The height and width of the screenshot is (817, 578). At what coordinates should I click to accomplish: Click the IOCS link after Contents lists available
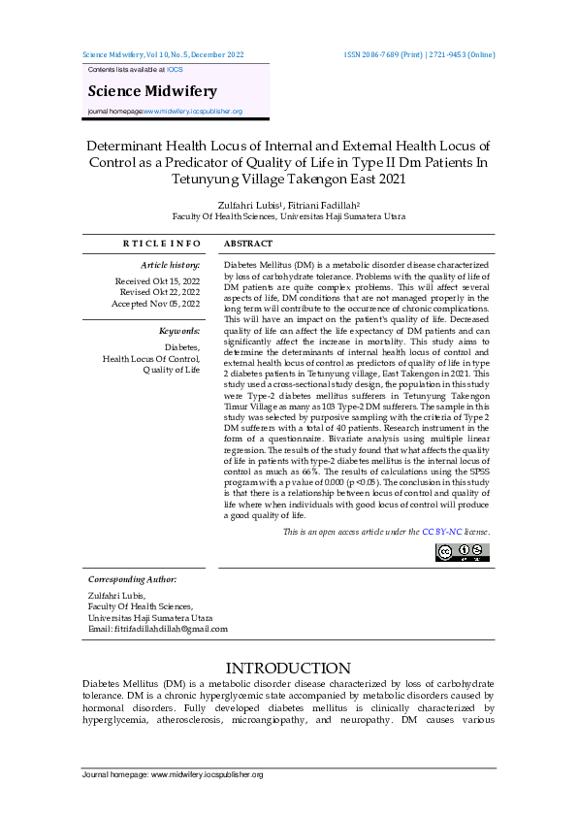(x=175, y=71)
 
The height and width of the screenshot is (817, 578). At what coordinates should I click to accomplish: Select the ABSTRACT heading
(x=248, y=244)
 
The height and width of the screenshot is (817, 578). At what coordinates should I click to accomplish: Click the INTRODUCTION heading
(x=288, y=669)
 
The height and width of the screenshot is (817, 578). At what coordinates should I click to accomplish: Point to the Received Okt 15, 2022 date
(x=158, y=280)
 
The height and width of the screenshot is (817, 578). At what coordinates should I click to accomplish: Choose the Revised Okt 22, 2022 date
(x=160, y=292)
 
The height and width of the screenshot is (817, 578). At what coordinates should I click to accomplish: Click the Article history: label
(x=171, y=264)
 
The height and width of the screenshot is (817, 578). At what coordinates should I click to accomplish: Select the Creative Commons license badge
(x=463, y=552)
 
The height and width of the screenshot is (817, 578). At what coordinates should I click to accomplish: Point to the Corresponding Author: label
(x=132, y=579)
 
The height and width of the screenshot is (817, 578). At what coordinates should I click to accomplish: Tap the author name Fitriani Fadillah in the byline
(x=324, y=206)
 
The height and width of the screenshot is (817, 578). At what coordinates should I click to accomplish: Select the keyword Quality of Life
(x=172, y=370)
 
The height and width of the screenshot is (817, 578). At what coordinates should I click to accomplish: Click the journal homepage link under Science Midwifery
(x=193, y=112)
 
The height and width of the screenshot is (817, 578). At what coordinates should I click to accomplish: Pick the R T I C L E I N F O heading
(x=162, y=244)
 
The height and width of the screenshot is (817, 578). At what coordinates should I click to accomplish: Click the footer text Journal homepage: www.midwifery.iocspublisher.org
(x=173, y=775)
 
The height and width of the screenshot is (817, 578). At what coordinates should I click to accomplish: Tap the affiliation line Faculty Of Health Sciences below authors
(x=288, y=217)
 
